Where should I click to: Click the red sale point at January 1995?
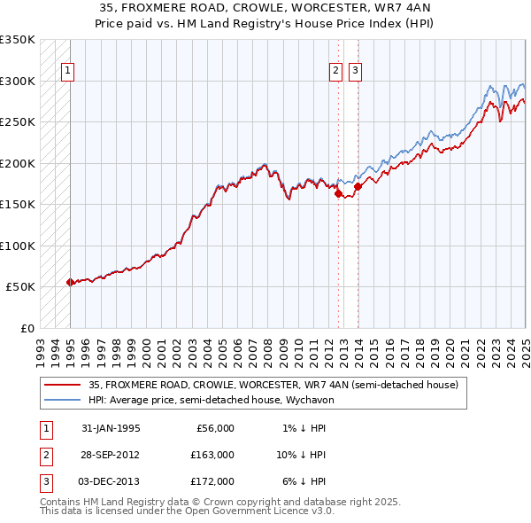[71, 282]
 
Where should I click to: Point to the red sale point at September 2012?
[338, 194]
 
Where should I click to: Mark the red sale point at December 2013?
[358, 187]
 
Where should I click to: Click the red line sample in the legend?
[62, 386]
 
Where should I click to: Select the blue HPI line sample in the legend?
[62, 400]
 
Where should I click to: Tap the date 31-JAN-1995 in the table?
[111, 428]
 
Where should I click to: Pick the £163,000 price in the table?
[213, 455]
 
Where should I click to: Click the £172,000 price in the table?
[213, 481]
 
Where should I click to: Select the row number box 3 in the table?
[43, 481]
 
